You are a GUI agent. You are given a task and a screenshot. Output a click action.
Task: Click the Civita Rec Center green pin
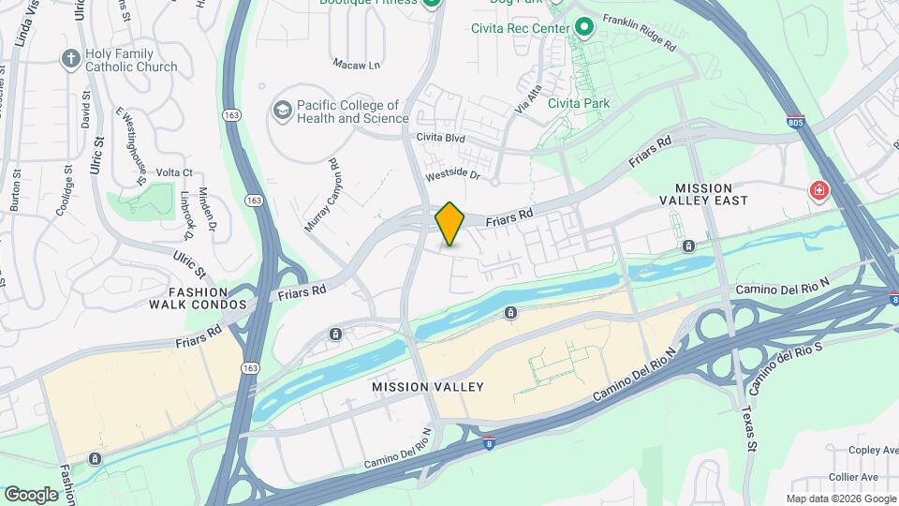[585, 28]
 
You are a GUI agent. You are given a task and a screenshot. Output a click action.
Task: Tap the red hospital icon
[820, 191]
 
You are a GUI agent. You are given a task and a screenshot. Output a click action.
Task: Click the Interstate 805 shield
[795, 123]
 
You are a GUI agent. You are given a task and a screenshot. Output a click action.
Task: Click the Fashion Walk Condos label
[195, 298]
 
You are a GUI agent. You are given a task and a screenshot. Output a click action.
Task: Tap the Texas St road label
[748, 427]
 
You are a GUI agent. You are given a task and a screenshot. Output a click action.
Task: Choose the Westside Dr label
[452, 174]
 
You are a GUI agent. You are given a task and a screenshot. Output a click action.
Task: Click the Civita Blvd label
[441, 139]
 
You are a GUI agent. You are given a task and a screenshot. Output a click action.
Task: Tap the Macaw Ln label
[357, 64]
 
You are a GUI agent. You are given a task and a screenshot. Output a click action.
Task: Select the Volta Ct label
[174, 172]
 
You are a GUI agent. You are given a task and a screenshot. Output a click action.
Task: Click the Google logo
[31, 495]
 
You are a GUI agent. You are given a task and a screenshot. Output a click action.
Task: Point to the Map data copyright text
[841, 499]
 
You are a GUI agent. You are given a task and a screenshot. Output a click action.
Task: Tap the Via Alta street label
[527, 101]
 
